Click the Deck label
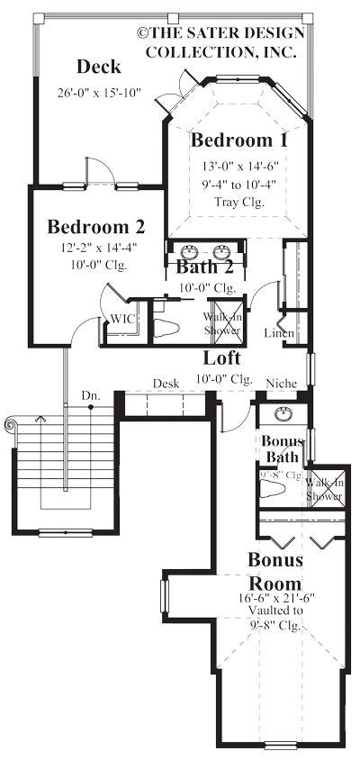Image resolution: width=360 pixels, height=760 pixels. point(98,67)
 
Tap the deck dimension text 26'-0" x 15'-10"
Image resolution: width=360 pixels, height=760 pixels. point(98,93)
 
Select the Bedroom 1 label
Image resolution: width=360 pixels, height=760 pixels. point(238,140)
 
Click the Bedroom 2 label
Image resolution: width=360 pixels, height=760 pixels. point(95,226)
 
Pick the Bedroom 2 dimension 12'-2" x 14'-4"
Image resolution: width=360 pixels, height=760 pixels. point(95,249)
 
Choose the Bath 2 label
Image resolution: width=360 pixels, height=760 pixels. point(204,267)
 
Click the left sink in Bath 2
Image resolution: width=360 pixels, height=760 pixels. point(190,250)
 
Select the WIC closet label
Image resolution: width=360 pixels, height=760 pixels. point(122,319)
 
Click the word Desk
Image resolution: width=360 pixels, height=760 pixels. point(165,384)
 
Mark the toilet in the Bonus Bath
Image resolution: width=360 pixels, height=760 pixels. point(273,491)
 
